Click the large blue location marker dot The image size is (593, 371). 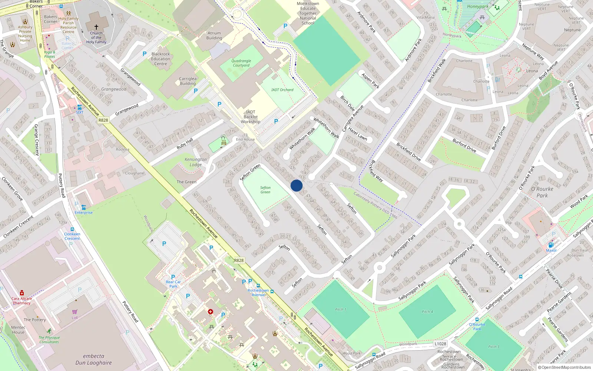pos(296,185)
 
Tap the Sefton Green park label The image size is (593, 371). pos(265,190)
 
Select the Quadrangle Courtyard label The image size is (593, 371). pos(241,63)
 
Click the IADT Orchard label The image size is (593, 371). pos(282,90)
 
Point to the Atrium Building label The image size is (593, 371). pos(214,36)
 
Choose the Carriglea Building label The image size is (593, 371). pos(188,81)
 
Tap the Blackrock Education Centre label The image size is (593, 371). pos(160,59)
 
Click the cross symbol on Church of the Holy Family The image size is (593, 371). pos(96,27)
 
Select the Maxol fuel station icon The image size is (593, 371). pos(551,244)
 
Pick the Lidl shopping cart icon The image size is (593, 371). pos(75,312)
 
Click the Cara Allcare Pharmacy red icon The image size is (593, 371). pos(22,293)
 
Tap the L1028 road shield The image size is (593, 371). pos(440,344)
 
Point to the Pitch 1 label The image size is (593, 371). pos(341,309)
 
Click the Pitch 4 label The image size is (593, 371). pos(427,312)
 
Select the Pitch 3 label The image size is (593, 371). pos(494,347)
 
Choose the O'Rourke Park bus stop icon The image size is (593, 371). pos(477,319)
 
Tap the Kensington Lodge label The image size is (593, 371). pos(196,162)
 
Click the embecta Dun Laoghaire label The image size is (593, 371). pos(93,359)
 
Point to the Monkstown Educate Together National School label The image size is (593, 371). pos(308,13)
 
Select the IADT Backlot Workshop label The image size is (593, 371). pos(251,117)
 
